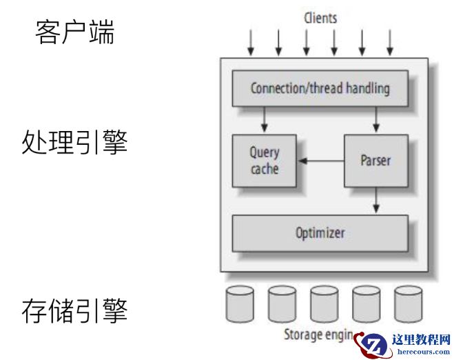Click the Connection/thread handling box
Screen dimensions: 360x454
tap(320, 89)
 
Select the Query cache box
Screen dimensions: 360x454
tap(264, 161)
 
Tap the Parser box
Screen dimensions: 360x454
tap(375, 161)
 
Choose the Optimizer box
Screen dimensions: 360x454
tap(320, 233)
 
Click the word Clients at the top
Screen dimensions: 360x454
tap(320, 18)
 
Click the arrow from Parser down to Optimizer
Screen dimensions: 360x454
tap(375, 200)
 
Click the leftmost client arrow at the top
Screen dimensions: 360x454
tap(251, 43)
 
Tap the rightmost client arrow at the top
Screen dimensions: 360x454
tap(390, 43)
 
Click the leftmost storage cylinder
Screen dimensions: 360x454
tap(240, 303)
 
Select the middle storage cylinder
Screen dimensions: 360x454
tap(324, 303)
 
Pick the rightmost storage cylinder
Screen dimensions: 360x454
tap(408, 303)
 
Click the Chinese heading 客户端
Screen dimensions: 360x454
tap(75, 32)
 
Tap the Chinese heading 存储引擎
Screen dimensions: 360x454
tap(75, 311)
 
